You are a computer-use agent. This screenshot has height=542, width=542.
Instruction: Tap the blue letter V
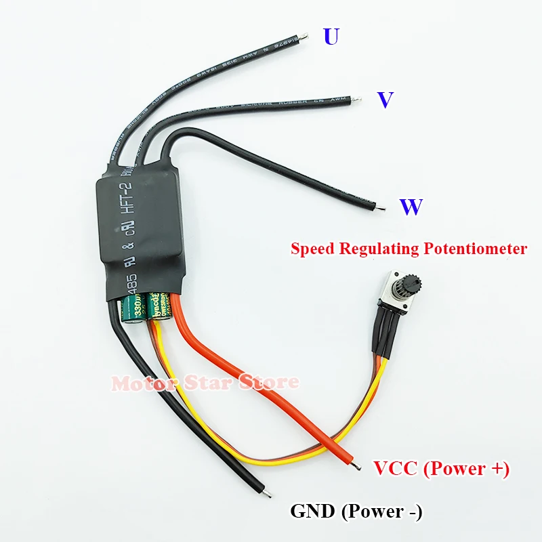pos(385,100)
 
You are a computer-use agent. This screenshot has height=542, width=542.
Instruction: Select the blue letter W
pos(411,207)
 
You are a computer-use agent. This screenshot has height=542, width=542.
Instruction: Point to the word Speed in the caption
pos(313,249)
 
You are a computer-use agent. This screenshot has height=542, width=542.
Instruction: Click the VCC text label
pos(396,468)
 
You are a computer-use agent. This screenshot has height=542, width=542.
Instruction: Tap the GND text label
pos(312,512)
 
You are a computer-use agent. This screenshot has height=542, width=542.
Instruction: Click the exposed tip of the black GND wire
pos(268,495)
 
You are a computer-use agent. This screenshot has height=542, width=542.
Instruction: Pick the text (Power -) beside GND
pos(380,512)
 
